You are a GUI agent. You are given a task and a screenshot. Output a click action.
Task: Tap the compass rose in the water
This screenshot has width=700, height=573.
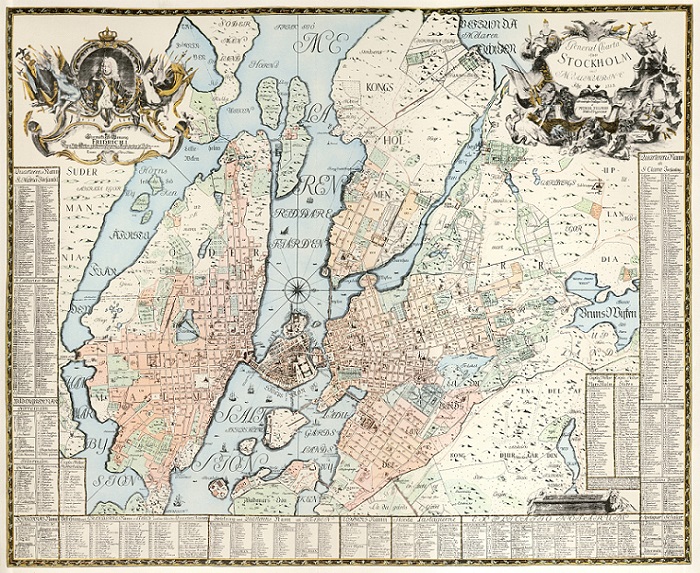pos(297,291)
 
